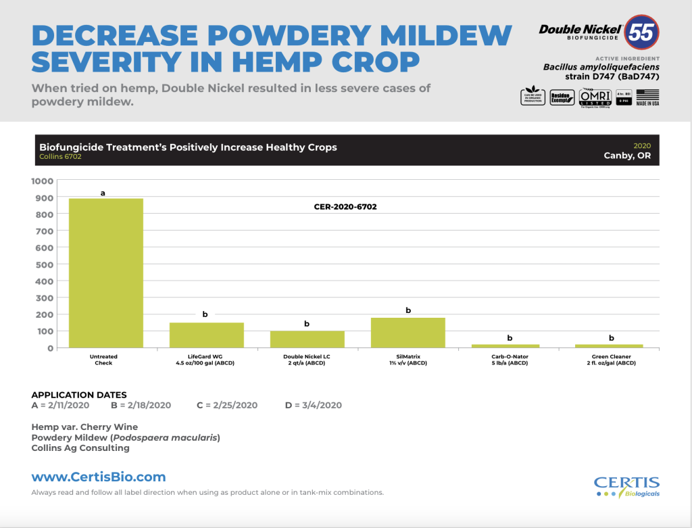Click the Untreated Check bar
[105, 272]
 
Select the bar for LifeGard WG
[206, 335]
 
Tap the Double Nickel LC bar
[307, 339]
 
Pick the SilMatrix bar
[408, 332]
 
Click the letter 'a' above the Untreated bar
[103, 193]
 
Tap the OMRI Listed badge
[591, 97]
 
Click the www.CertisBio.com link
[98, 477]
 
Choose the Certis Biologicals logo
[626, 486]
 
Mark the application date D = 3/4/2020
[314, 406]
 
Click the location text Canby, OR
[631, 155]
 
